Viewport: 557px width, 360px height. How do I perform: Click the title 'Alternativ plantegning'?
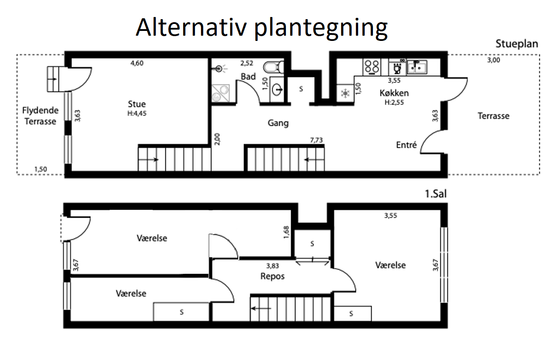[262, 28]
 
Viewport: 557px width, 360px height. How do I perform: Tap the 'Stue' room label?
[137, 104]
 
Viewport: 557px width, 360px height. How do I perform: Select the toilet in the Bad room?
[274, 67]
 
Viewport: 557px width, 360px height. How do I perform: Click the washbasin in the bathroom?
[277, 90]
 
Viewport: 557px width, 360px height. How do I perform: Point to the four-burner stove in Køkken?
[372, 67]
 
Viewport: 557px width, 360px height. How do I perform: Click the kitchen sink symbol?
[417, 67]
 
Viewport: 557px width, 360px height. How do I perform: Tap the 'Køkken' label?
[394, 93]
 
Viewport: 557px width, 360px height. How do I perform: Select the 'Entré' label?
[406, 145]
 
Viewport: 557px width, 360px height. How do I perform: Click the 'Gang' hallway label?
[278, 123]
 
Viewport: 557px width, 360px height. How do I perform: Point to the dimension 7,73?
[316, 140]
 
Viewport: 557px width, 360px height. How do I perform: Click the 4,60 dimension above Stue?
[137, 63]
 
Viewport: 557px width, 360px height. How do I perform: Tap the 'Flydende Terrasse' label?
[40, 116]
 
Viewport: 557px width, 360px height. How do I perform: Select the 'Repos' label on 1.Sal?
[272, 276]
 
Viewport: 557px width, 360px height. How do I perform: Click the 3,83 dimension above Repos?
[272, 266]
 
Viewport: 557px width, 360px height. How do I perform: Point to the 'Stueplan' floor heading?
[517, 44]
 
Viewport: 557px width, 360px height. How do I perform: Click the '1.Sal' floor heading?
[436, 194]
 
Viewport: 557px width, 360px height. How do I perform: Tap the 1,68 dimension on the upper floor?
[286, 232]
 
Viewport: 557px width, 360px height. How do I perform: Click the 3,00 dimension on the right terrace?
[493, 60]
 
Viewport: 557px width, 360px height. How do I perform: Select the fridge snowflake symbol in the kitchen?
[345, 93]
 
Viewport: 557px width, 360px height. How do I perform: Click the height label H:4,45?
[137, 114]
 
